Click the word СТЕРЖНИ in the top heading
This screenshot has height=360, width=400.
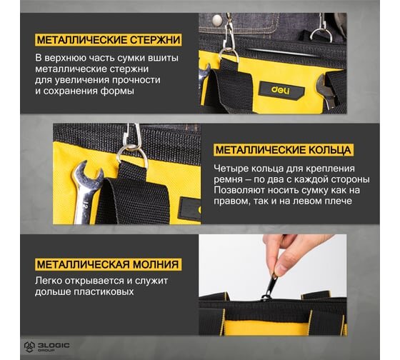pyautogui.click(x=155, y=40)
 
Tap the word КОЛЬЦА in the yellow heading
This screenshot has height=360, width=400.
pyautogui.click(x=329, y=150)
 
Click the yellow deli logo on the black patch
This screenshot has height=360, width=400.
pyautogui.click(x=280, y=90)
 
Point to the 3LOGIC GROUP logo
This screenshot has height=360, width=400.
pyautogui.click(x=46, y=347)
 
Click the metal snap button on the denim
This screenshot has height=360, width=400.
pyautogui.click(x=217, y=20)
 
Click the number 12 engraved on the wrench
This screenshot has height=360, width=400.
pyautogui.click(x=86, y=206)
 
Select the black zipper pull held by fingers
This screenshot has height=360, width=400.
pyautogui.click(x=270, y=286)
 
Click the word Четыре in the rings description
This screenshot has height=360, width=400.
pyautogui.click(x=230, y=169)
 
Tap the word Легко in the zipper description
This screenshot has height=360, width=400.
pyautogui.click(x=49, y=281)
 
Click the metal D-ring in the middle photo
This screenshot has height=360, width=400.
pyautogui.click(x=132, y=156)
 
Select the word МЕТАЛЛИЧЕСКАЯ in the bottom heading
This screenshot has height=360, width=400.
pyautogui.click(x=83, y=264)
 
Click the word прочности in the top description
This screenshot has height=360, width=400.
pyautogui.click(x=136, y=81)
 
